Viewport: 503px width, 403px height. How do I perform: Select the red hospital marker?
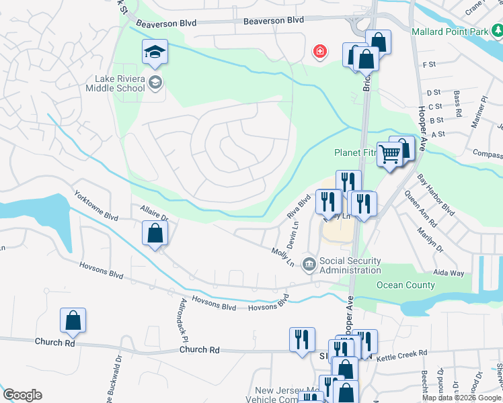320,51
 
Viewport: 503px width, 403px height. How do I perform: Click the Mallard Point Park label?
451,31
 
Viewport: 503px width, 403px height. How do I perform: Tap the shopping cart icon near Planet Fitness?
389,153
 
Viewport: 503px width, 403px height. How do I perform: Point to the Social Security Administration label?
350,265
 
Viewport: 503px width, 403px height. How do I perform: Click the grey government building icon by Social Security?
309,263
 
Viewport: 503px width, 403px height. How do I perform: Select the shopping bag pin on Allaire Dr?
155,234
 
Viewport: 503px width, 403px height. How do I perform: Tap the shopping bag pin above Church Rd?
73,321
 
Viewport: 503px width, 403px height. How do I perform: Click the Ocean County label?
405,285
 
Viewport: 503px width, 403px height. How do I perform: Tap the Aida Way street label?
449,273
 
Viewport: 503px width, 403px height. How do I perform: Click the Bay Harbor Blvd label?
436,195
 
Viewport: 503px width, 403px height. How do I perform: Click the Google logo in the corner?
22,395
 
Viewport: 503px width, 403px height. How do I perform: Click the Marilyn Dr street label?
435,238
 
